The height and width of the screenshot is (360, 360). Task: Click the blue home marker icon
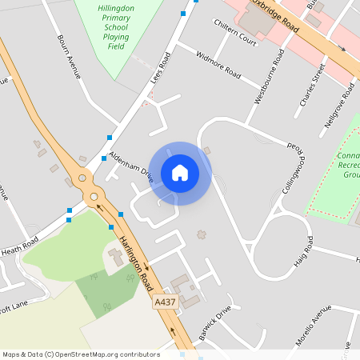pyautogui.click(x=180, y=172)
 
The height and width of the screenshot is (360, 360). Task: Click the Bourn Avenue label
pyautogui.click(x=70, y=55)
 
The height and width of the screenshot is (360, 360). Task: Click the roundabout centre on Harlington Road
pyautogui.click(x=94, y=196)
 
